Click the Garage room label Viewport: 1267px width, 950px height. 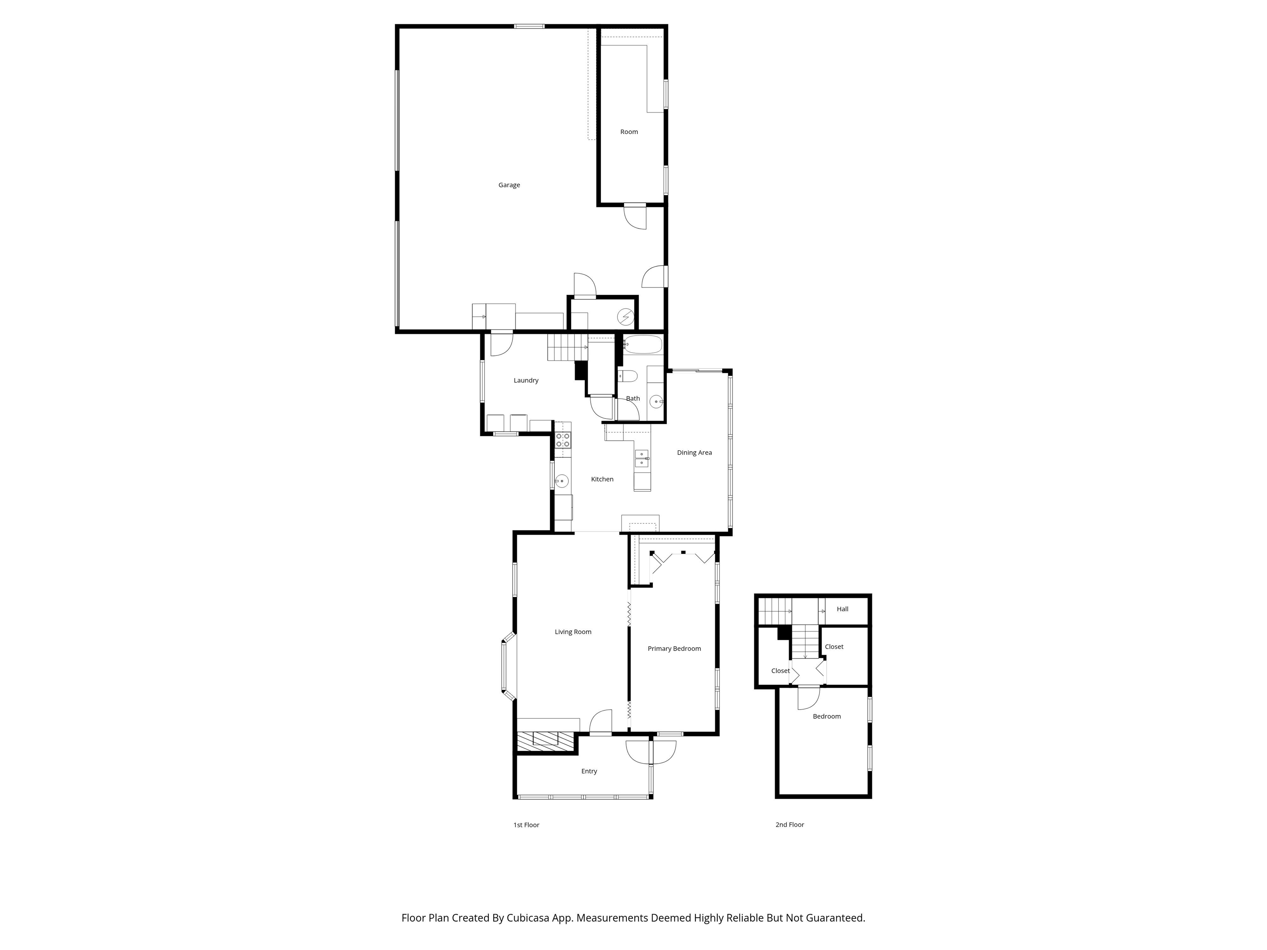tap(509, 185)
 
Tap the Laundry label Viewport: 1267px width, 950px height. tap(526, 380)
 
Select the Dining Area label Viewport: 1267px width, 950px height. tap(694, 452)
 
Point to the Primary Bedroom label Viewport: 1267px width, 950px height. tap(674, 649)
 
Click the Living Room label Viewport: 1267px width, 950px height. tap(573, 632)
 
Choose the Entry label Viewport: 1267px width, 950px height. tap(589, 771)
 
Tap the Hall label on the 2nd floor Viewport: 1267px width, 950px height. tap(842, 609)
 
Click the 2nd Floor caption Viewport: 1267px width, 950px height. tap(789, 825)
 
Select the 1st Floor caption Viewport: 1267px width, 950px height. tap(526, 825)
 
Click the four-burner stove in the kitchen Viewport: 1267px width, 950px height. tap(563, 440)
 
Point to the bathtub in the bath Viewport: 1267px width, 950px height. tap(642, 345)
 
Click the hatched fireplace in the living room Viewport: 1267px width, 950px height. tap(545, 741)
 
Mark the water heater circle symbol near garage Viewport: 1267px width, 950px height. tap(626, 317)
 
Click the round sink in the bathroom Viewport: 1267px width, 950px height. tap(656, 402)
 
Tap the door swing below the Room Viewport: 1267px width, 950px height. tap(635, 218)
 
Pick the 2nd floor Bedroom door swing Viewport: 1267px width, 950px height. tap(809, 698)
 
